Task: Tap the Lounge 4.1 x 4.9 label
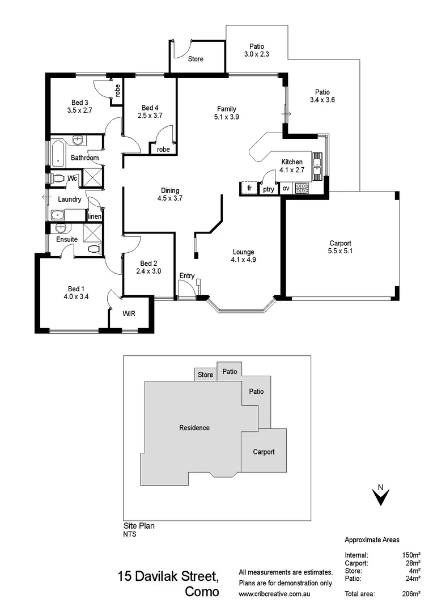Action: [x=243, y=256]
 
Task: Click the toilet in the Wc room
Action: [x=57, y=178]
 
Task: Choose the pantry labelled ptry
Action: [x=268, y=189]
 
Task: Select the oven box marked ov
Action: [x=286, y=189]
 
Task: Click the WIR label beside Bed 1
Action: [x=129, y=313]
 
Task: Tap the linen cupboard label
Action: [x=95, y=216]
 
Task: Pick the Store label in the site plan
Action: [x=205, y=375]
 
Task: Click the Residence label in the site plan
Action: [x=194, y=428]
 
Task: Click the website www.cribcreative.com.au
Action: [x=275, y=594]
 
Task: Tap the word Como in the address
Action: [x=201, y=592]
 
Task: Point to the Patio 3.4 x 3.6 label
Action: [x=322, y=96]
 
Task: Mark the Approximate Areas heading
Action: [x=372, y=540]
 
